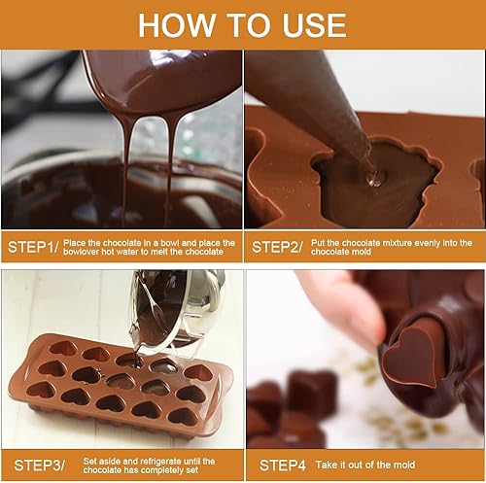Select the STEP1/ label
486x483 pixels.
[33, 247]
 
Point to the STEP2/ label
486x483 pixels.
[277, 247]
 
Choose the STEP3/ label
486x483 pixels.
[39, 466]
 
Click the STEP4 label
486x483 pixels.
[283, 466]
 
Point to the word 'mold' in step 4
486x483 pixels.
[405, 465]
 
